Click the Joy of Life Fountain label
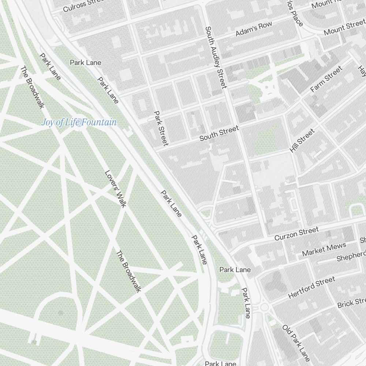pos(79,123)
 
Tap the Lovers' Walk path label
pos(115,188)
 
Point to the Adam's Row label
pos(254,29)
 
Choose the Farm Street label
pos(326,79)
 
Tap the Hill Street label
pos(302,141)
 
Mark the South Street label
pos(219,133)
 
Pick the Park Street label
pos(161,128)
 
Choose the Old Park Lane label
pos(296,343)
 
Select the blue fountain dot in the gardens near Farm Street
pos(268,87)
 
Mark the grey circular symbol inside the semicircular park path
pos(60,313)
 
